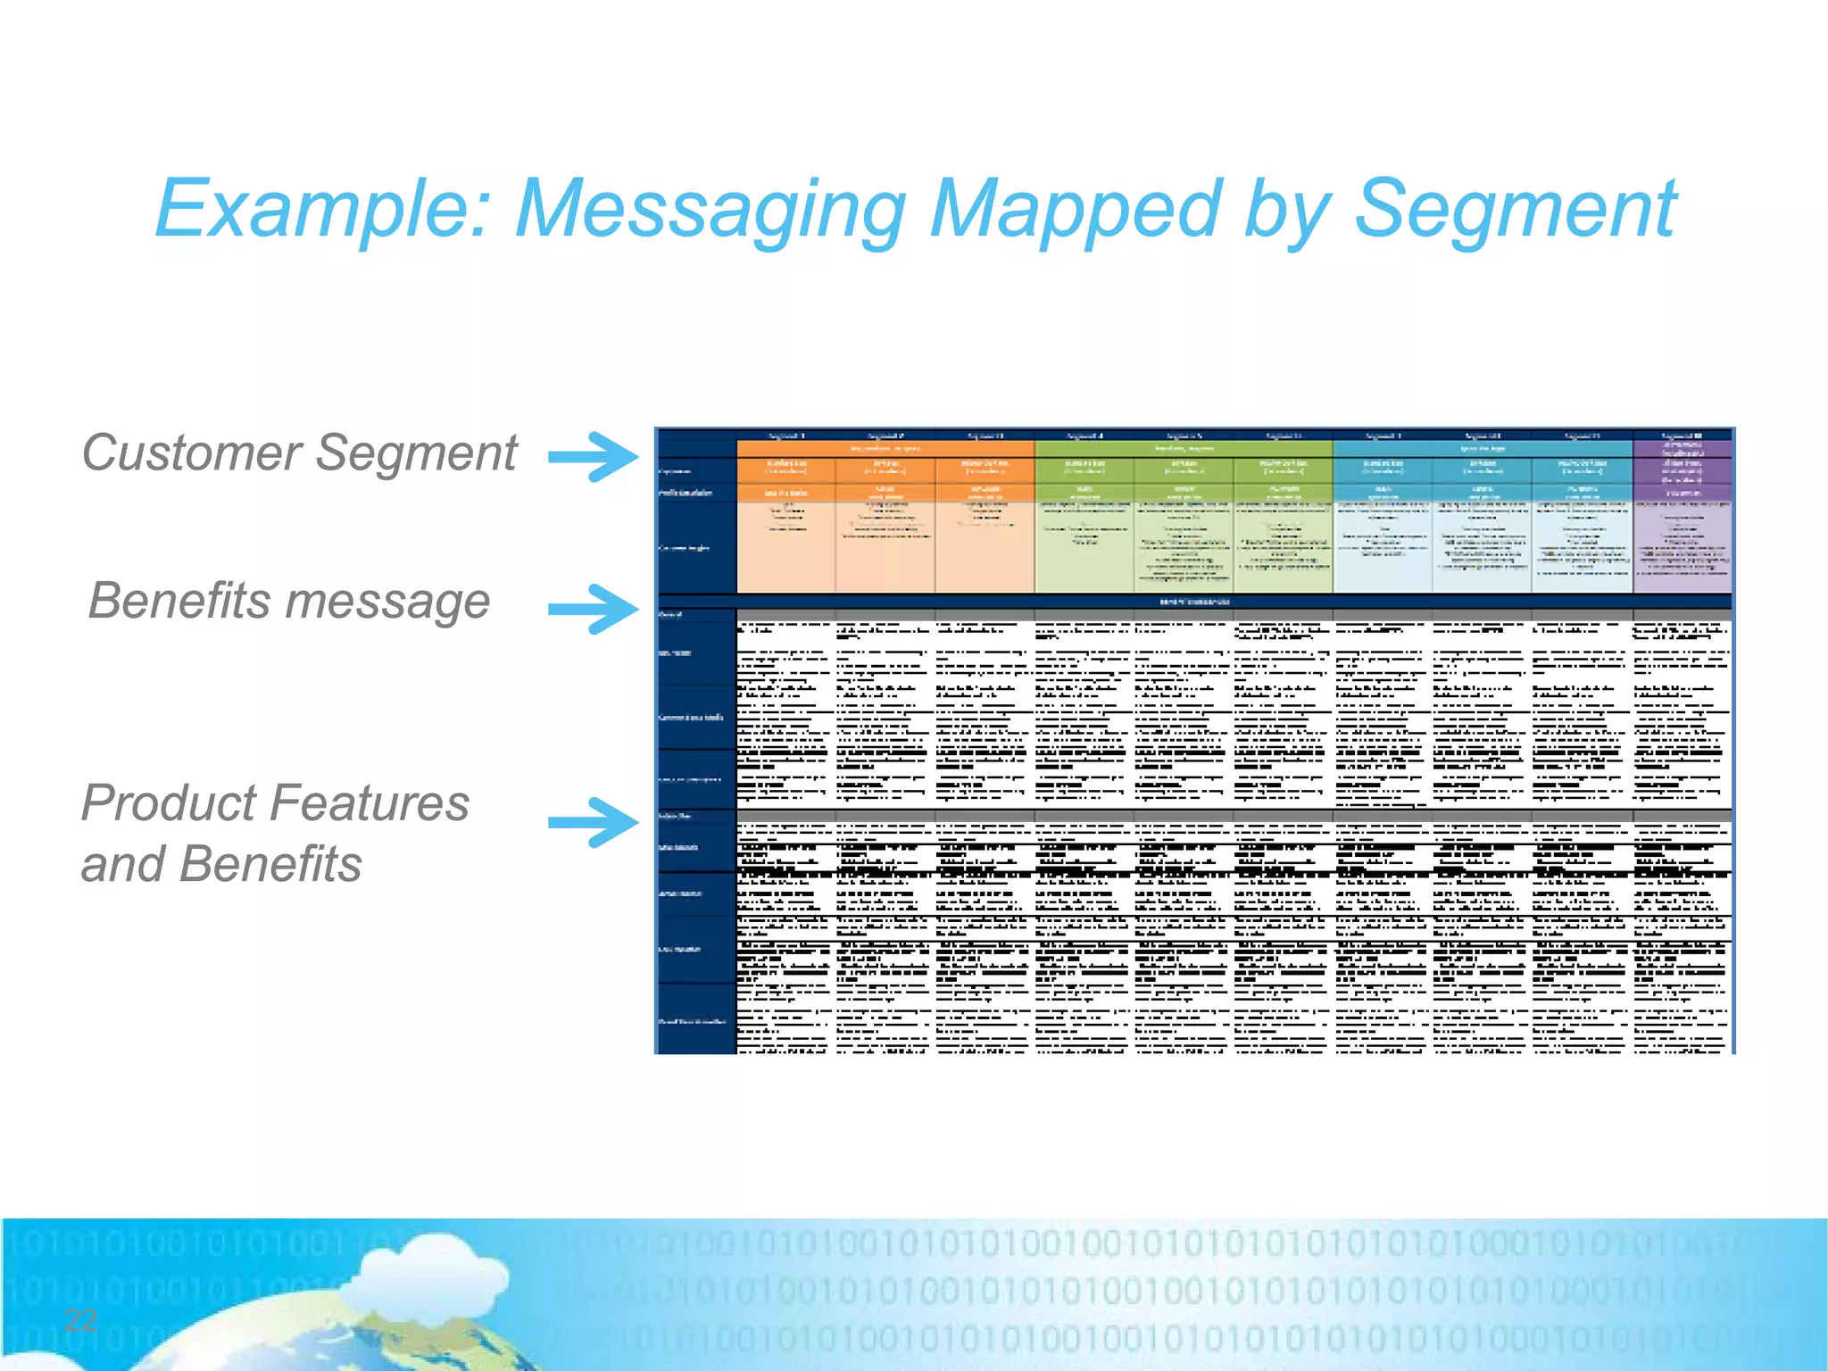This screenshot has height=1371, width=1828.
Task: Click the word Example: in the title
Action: click(x=321, y=210)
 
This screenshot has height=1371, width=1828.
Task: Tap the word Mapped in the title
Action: click(x=1076, y=210)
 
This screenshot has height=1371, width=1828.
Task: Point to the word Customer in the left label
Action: click(x=192, y=453)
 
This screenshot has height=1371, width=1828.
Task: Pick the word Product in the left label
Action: click(x=175, y=803)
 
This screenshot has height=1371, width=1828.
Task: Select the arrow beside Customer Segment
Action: click(x=594, y=457)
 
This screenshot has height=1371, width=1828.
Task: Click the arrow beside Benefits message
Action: click(x=594, y=609)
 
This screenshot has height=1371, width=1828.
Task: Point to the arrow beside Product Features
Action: click(x=594, y=822)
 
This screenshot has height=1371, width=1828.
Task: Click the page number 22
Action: click(x=80, y=1319)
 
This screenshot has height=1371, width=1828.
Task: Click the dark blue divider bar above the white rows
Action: click(x=1194, y=602)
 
